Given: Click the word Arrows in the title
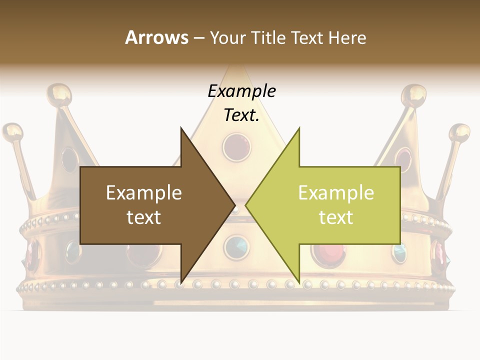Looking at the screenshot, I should point(156,37).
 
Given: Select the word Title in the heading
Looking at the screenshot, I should point(270,37).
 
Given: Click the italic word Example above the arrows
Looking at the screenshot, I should point(241,91).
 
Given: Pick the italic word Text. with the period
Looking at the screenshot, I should point(241,115).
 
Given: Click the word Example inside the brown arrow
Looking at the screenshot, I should point(144,192).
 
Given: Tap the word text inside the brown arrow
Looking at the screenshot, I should point(144,217).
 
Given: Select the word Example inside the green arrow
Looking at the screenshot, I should point(336,192).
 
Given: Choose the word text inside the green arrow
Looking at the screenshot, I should point(336,217).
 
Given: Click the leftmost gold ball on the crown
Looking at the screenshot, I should point(12,132).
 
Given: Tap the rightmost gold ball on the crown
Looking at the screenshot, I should point(459,133).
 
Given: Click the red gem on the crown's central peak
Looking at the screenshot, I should point(236,146).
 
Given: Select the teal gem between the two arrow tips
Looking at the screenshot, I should point(236,245).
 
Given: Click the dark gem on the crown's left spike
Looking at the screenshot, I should point(69,159).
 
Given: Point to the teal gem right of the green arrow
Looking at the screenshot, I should point(399,252).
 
